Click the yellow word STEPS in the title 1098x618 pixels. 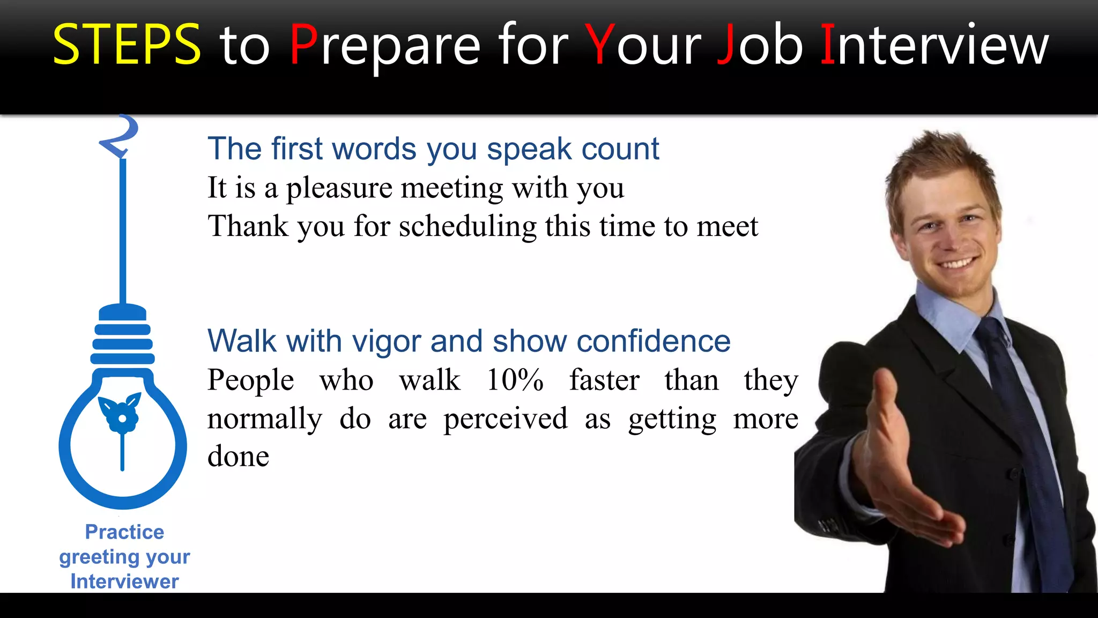point(127,45)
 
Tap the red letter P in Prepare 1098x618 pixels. point(303,45)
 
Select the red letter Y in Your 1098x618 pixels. point(600,45)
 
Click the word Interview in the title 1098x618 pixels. point(934,45)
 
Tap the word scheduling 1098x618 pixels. point(468,226)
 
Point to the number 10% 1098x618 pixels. point(515,380)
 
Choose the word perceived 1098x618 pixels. point(506,419)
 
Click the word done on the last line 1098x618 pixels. point(238,457)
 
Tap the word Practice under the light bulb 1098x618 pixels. point(124,532)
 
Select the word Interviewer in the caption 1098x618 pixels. point(124,582)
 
